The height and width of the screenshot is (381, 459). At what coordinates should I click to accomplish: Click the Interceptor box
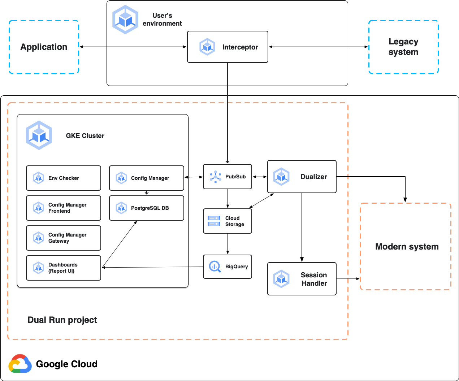tap(228, 47)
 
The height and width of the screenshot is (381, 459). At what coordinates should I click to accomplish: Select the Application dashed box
tap(44, 47)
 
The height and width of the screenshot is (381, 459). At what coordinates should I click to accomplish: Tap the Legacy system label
tap(403, 47)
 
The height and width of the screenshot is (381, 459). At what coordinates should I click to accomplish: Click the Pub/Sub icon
tap(215, 177)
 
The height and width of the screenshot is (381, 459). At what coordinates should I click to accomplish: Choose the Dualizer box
tap(302, 177)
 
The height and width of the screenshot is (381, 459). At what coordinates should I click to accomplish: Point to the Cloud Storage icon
tap(214, 221)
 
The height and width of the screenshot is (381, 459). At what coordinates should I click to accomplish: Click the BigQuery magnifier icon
tap(215, 267)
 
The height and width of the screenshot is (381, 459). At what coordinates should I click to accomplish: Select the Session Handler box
tap(302, 279)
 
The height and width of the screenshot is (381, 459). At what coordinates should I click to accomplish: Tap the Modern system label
tap(407, 247)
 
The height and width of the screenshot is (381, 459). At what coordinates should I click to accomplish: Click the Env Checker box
tap(64, 178)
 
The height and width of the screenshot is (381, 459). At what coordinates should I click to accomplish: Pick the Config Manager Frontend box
tap(64, 208)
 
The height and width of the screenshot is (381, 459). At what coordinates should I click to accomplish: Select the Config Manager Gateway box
tap(64, 238)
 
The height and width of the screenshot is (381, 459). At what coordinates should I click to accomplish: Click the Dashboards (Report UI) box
tap(64, 268)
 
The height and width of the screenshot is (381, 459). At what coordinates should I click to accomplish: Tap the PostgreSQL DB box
tap(147, 208)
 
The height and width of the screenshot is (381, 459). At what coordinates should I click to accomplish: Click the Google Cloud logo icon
tap(20, 364)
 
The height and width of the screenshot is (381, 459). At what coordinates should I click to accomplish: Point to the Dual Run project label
tap(62, 320)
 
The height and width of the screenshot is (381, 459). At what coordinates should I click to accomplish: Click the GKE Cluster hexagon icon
tap(39, 135)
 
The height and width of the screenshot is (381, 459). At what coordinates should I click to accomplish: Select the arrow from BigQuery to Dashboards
tap(152, 267)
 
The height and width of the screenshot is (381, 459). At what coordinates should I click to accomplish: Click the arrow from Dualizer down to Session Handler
tap(302, 228)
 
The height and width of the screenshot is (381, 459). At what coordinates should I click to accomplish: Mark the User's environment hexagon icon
tap(125, 20)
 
